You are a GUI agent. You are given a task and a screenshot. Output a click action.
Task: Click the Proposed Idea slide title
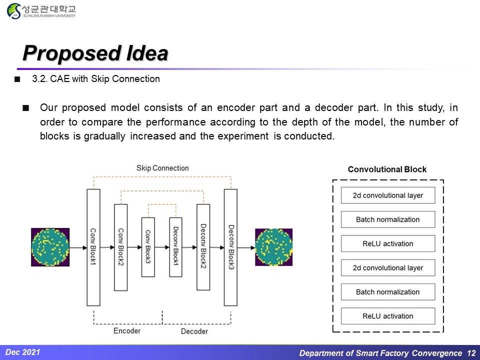pyautogui.click(x=95, y=53)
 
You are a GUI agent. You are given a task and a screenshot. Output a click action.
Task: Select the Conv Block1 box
pyautogui.click(x=93, y=247)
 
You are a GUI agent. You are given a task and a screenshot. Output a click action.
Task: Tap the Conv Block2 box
pyautogui.click(x=121, y=247)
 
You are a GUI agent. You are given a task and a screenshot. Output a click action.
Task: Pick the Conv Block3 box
pyautogui.click(x=148, y=247)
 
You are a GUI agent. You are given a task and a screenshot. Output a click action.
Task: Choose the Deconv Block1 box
pyautogui.click(x=175, y=247)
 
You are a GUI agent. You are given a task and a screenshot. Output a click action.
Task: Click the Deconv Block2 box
pyautogui.click(x=203, y=247)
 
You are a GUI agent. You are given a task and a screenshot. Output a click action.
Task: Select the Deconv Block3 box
pyautogui.click(x=230, y=247)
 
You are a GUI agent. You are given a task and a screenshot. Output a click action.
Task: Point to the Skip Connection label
pyautogui.click(x=162, y=168)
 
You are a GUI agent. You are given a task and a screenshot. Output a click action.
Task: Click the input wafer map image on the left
pyautogui.click(x=50, y=247)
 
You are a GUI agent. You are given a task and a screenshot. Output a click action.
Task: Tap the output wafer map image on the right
pyautogui.click(x=273, y=247)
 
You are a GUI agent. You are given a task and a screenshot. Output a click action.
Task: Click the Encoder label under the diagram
pyautogui.click(x=127, y=331)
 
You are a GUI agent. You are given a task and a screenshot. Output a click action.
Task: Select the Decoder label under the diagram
pyautogui.click(x=194, y=331)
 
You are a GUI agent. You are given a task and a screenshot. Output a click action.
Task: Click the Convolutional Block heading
pyautogui.click(x=387, y=169)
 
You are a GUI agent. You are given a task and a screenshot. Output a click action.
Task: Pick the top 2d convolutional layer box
pyautogui.click(x=388, y=195)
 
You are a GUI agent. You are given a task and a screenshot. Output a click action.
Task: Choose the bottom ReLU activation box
pyautogui.click(x=388, y=316)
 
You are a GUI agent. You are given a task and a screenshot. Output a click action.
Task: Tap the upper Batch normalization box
pyautogui.click(x=388, y=219)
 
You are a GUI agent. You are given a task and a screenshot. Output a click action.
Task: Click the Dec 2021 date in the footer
pyautogui.click(x=23, y=352)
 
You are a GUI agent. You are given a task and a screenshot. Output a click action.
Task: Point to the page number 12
pyautogui.click(x=471, y=353)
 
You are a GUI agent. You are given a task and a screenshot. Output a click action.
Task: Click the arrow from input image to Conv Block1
pyautogui.click(x=77, y=247)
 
